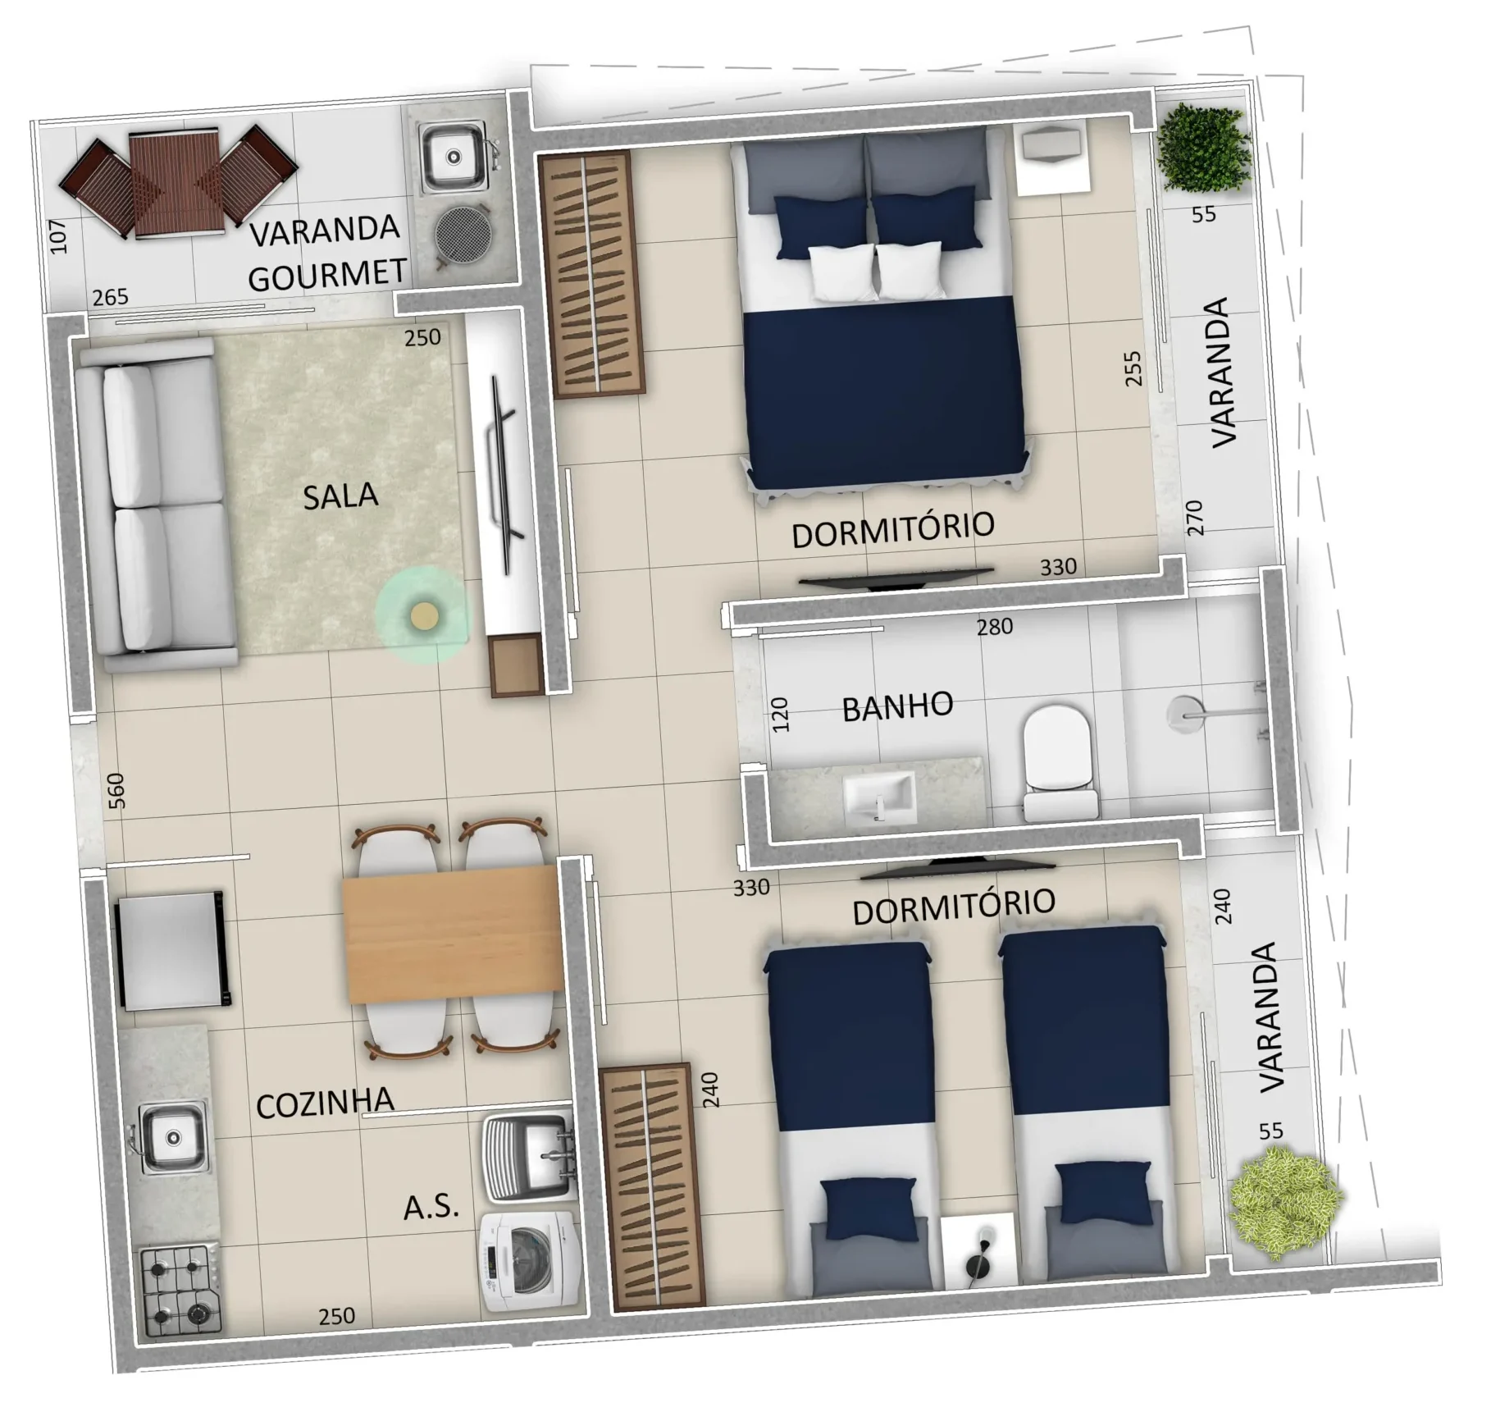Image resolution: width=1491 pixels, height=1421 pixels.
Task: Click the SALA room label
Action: pos(340,496)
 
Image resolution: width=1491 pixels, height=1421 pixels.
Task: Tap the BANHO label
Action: pos(897,706)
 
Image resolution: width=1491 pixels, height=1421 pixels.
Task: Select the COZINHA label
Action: pos(325,1103)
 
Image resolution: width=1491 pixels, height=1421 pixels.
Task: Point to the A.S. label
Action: pos(431,1207)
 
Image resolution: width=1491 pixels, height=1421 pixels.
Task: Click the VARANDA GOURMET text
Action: pos(326,252)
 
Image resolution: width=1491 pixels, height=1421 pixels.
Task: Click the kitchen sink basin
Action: pos(171,1136)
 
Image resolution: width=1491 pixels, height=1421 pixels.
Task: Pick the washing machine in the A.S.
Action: pos(531,1260)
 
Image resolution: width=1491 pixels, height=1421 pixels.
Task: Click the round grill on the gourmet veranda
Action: pos(463,233)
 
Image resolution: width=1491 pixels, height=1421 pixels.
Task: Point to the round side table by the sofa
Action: pos(423,615)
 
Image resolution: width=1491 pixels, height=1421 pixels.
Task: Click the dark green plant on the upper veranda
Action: pos(1204,148)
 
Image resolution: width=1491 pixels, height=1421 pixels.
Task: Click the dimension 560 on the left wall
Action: pos(117,790)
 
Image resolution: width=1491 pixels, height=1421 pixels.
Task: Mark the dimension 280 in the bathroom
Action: pos(994,628)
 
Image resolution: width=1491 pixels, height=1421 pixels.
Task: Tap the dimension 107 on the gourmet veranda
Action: pos(58,236)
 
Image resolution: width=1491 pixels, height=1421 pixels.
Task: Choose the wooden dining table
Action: pos(454,934)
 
